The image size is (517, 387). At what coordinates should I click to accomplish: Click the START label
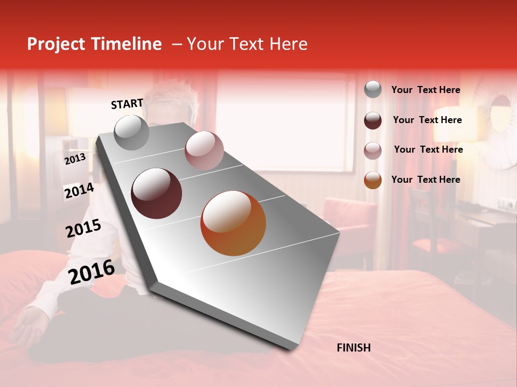127,104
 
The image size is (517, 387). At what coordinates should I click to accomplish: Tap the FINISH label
353,348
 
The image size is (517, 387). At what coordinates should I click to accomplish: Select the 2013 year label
75,159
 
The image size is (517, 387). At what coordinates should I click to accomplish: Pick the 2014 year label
79,191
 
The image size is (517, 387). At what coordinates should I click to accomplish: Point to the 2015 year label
83,228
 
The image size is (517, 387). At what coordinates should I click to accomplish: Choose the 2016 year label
92,271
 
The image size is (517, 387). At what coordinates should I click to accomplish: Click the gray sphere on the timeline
132,133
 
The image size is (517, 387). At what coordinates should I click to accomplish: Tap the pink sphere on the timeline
204,150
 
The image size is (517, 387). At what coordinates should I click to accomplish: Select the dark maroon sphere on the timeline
157,193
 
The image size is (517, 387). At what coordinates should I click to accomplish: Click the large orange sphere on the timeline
233,223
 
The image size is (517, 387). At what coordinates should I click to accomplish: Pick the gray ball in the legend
373,90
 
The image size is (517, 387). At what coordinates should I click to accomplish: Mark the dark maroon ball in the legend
373,120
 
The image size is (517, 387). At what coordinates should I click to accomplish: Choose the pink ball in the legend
373,150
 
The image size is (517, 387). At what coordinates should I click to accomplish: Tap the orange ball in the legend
373,180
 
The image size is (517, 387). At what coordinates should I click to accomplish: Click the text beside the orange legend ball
425,180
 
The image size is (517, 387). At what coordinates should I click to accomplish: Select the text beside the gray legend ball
425,90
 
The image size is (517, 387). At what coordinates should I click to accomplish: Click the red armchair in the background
350,220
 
